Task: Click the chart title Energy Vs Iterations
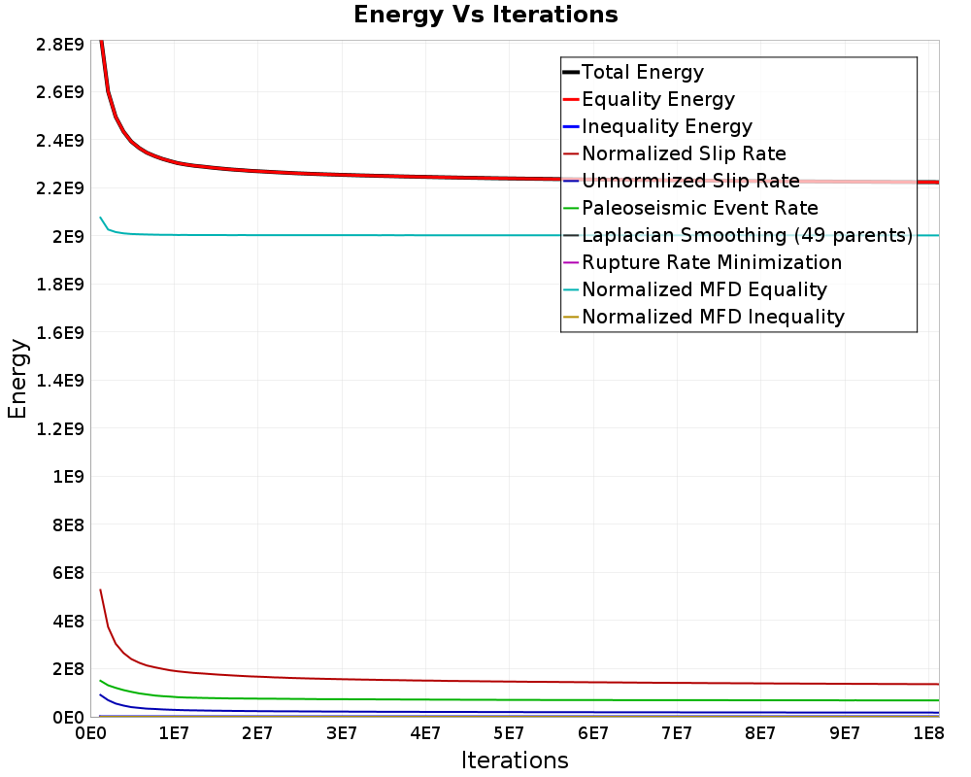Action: point(485,15)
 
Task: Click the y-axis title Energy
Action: point(17,378)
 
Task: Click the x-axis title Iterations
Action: point(515,760)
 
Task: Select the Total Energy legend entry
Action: point(642,72)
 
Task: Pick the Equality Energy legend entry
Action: point(657,99)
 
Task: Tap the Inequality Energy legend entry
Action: point(666,126)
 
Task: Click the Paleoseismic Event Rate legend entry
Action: point(699,208)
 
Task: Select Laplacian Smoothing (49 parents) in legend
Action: point(746,235)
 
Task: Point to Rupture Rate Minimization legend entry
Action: point(711,262)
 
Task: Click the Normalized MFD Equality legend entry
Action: point(704,289)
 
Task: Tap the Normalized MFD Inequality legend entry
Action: point(713,317)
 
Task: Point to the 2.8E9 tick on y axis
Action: point(59,45)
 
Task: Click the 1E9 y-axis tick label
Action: point(68,477)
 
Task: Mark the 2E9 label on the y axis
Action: point(68,237)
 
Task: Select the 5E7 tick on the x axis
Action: point(509,732)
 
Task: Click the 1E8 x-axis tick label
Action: point(928,732)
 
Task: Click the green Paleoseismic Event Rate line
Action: point(388,699)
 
